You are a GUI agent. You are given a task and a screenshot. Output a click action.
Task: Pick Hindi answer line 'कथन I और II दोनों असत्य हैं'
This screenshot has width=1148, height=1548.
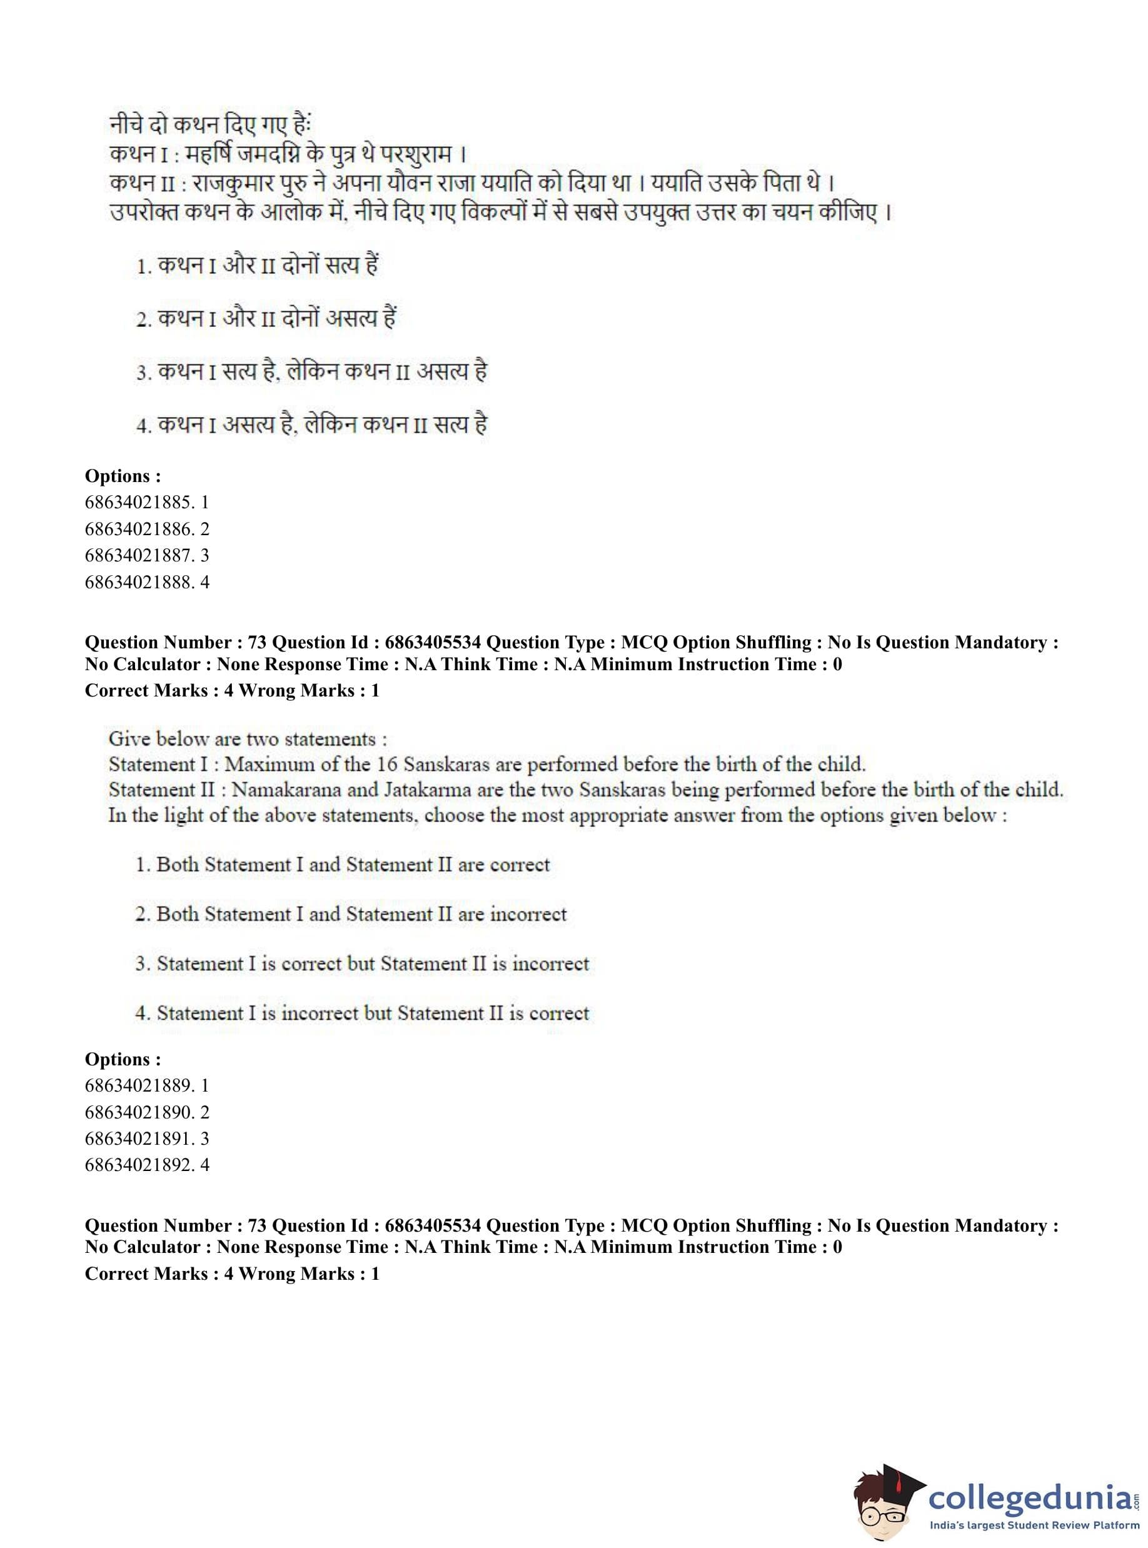[x=276, y=319]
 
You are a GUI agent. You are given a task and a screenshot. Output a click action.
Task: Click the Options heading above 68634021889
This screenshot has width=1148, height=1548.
[x=123, y=1060]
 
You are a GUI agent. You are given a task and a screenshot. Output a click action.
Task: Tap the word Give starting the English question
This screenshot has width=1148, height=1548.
[x=129, y=738]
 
